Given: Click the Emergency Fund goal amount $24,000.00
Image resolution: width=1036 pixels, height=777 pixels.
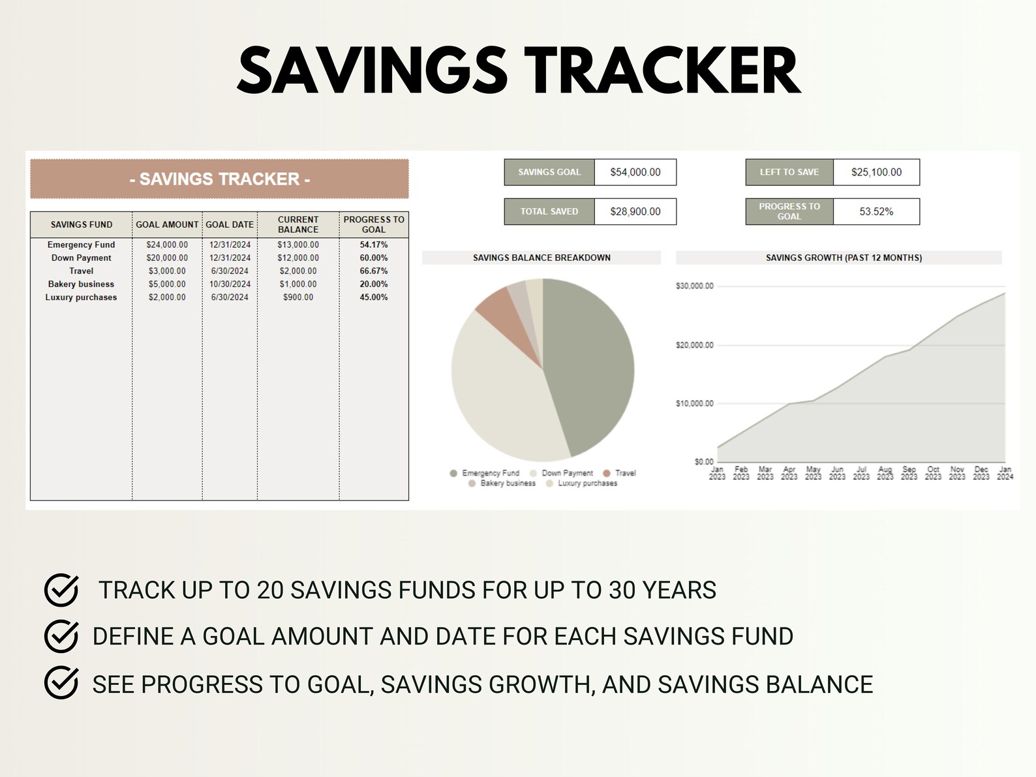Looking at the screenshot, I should pos(167,245).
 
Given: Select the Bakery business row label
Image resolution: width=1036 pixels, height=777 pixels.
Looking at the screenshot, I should pos(81,284).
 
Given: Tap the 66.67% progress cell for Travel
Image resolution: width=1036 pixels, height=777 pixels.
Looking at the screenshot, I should pos(374,271).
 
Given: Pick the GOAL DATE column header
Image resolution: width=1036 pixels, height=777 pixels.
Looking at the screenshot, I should pos(230,224).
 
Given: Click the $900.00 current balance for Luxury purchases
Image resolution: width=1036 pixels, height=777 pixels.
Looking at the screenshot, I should pos(298,297).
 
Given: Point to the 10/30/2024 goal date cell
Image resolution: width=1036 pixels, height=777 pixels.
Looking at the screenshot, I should pos(230,284).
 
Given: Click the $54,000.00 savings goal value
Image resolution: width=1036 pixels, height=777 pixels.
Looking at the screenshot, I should pos(635,172).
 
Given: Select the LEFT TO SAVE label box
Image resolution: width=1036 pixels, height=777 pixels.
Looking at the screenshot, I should pos(789,172).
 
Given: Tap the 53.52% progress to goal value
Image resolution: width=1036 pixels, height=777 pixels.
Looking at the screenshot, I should pos(876,211).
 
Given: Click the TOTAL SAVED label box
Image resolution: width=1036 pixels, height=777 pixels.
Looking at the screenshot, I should pos(549,211).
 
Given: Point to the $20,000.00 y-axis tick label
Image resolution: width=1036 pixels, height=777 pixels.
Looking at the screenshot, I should pos(694,345).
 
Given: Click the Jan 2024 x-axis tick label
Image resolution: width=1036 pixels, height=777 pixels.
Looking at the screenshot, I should pos(1005,473).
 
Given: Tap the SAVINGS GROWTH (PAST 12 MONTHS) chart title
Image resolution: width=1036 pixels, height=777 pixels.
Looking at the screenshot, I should pos(843,258).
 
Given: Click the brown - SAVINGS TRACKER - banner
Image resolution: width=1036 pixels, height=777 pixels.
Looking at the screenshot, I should pos(219,179).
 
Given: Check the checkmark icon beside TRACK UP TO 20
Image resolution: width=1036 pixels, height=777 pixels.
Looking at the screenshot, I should pos(61,590).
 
